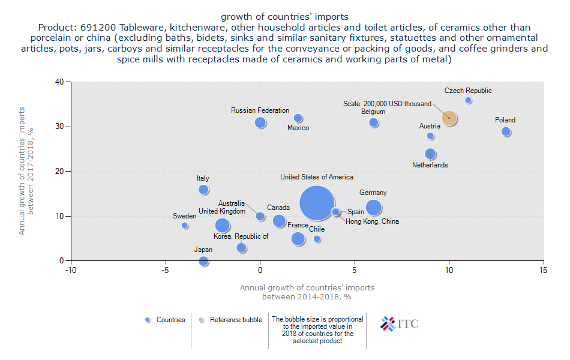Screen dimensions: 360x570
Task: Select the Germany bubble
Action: tap(373, 208)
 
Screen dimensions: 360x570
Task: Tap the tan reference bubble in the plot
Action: tap(449, 118)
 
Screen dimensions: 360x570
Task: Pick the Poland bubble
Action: tap(506, 131)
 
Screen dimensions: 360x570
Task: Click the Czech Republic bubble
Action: tap(468, 100)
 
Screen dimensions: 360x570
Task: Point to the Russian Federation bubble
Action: tap(260, 122)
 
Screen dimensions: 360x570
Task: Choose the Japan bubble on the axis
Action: tap(203, 261)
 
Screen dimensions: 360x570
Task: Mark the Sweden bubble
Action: tap(185, 225)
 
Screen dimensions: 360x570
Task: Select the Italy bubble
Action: tap(203, 190)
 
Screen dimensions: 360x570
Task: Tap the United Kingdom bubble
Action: tap(223, 225)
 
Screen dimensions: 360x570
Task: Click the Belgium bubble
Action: tap(373, 122)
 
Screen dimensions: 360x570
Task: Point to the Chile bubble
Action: tap(317, 239)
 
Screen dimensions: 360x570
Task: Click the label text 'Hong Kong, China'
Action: tap(372, 221)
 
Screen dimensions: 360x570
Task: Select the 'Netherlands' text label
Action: tap(430, 165)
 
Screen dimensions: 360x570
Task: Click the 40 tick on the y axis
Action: tap(59, 82)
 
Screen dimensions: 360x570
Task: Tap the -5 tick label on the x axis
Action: tap(165, 271)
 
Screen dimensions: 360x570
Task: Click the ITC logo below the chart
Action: tap(400, 323)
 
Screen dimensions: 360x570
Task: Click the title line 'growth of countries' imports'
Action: tap(284, 16)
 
